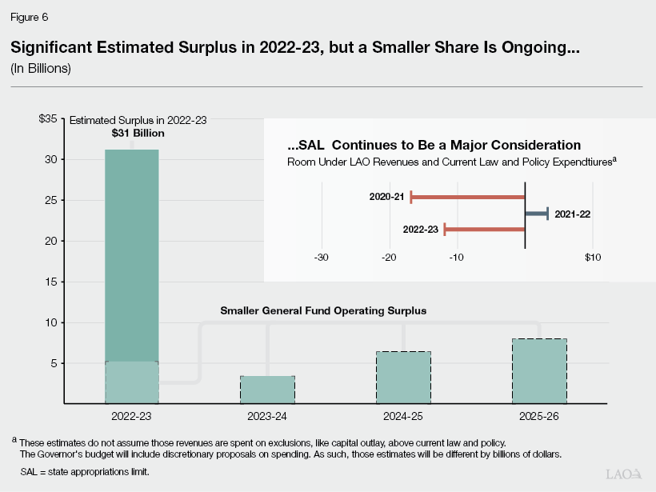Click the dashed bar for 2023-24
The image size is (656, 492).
point(267,390)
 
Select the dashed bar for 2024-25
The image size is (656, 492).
point(403,378)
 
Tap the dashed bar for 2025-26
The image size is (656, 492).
point(539,371)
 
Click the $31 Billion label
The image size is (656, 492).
point(138,133)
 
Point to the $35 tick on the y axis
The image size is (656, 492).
point(47,119)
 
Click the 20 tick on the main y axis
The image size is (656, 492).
point(51,241)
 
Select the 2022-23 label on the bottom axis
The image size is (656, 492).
point(131,416)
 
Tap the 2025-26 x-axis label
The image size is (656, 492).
point(539,416)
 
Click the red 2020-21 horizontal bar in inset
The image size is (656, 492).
point(467,197)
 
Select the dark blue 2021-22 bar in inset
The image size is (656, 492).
point(536,214)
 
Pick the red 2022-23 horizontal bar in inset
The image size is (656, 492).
point(484,230)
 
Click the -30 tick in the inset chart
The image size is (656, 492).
point(322,258)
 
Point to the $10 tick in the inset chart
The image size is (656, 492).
point(592,258)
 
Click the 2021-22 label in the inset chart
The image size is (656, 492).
point(572,214)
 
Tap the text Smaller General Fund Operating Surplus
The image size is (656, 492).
point(324,310)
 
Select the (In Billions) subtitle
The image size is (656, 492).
point(41,69)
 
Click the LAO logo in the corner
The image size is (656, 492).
point(625,474)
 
